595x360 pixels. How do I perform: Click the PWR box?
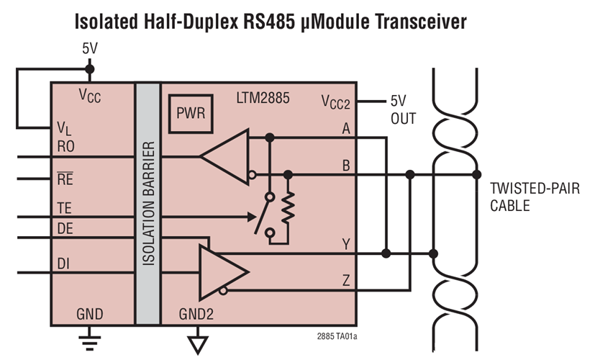click(x=191, y=114)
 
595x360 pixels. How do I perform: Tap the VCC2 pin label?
click(x=335, y=102)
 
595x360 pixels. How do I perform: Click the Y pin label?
click(x=346, y=243)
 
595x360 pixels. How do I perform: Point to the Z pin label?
click(x=346, y=281)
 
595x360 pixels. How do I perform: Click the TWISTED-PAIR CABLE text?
click(x=531, y=197)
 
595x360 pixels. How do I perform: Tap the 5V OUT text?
click(x=403, y=109)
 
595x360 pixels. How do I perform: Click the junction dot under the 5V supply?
click(x=89, y=70)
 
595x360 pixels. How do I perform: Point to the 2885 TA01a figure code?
click(x=337, y=336)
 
